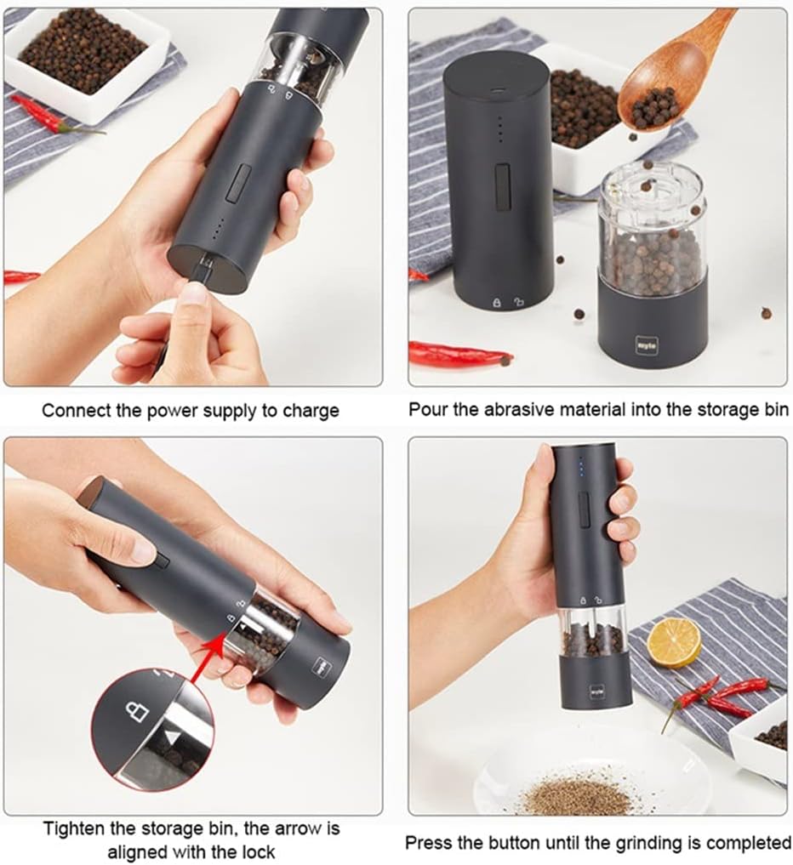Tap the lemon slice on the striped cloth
click(x=674, y=642)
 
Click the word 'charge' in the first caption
click(x=310, y=410)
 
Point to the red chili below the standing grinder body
click(x=459, y=352)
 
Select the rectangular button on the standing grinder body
click(x=502, y=183)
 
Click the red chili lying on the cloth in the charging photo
click(x=51, y=116)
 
